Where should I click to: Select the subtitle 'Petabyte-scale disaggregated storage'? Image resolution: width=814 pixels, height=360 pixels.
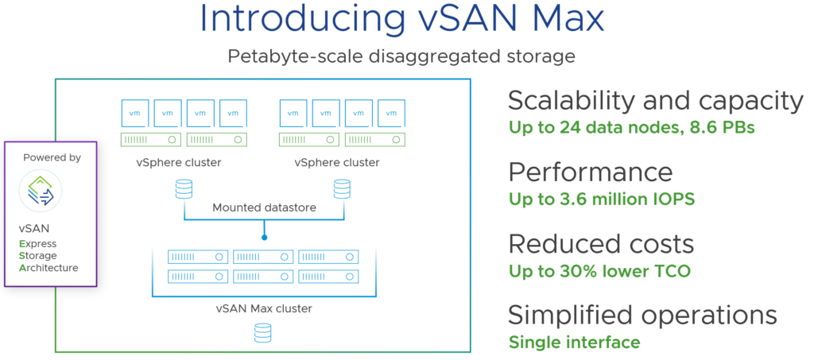click(x=401, y=57)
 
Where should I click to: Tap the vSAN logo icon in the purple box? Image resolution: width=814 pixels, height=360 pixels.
click(x=41, y=192)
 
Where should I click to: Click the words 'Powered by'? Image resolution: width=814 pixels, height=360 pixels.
click(x=52, y=157)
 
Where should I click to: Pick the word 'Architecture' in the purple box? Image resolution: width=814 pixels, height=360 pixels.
click(x=48, y=268)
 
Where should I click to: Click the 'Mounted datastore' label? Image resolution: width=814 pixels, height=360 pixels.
click(x=263, y=207)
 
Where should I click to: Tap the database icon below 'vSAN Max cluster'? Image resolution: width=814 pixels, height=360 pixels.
click(x=262, y=333)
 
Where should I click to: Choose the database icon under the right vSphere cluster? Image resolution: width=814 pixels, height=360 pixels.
click(x=342, y=189)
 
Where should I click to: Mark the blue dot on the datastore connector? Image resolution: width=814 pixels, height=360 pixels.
click(x=263, y=236)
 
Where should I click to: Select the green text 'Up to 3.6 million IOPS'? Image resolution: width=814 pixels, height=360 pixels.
click(x=602, y=199)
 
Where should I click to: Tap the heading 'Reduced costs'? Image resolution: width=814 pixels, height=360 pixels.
click(x=601, y=243)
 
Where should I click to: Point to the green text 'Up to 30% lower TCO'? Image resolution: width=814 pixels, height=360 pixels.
click(x=599, y=271)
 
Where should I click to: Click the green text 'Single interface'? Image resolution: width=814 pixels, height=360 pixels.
click(x=574, y=343)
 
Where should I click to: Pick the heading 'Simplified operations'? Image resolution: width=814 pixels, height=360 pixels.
click(x=642, y=315)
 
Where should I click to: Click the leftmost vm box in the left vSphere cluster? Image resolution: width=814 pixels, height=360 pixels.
click(x=134, y=112)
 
